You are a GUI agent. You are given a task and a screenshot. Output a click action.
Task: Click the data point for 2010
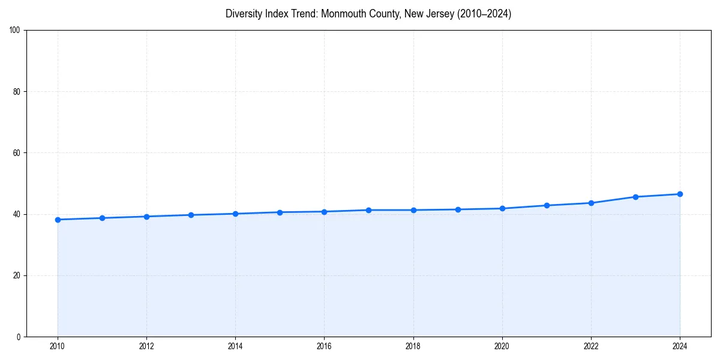pos(58,220)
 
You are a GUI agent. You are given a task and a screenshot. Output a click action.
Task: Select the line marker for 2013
pos(191,215)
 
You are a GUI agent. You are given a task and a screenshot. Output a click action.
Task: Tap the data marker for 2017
pos(368,210)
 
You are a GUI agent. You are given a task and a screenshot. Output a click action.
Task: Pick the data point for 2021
pos(547,205)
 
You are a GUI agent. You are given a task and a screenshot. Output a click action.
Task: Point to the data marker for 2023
pos(635,197)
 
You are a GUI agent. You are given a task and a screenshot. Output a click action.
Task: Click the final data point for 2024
pos(680,194)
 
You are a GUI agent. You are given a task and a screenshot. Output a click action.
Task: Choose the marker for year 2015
pos(280,212)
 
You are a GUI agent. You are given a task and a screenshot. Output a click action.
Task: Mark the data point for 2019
pos(458,209)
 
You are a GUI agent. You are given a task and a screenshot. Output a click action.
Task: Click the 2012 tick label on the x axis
pos(146,346)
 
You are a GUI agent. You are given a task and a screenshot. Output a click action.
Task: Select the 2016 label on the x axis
pos(324,346)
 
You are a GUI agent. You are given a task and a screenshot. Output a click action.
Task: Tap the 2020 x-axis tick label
pos(502,346)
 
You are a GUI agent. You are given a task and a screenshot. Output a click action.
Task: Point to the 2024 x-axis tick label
pos(680,346)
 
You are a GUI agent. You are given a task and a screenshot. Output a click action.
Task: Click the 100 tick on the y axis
pos(15,31)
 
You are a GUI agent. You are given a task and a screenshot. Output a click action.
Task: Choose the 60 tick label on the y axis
pos(17,153)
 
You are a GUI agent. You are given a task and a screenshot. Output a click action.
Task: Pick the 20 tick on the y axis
pos(17,275)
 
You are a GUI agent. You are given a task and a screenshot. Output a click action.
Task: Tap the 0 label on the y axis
pos(19,337)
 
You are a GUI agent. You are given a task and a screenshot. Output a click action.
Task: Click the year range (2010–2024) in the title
pos(484,14)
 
